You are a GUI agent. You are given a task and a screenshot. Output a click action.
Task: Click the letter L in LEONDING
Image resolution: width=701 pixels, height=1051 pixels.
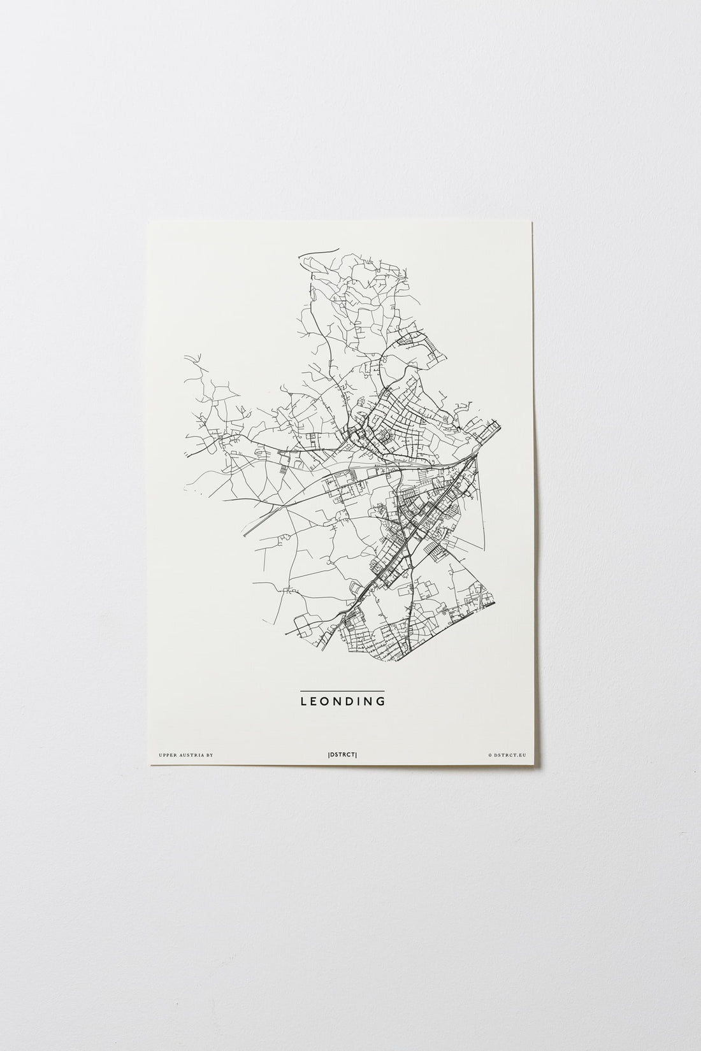tap(303, 702)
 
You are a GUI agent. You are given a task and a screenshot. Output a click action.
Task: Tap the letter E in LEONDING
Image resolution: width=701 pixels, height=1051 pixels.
tap(315, 702)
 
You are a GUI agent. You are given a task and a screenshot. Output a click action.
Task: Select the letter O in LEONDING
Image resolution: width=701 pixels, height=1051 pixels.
tap(328, 702)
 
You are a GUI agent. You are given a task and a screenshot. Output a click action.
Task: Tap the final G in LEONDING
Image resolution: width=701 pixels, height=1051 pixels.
tap(382, 702)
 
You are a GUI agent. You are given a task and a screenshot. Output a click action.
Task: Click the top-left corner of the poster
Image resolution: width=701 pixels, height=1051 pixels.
tap(148, 222)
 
